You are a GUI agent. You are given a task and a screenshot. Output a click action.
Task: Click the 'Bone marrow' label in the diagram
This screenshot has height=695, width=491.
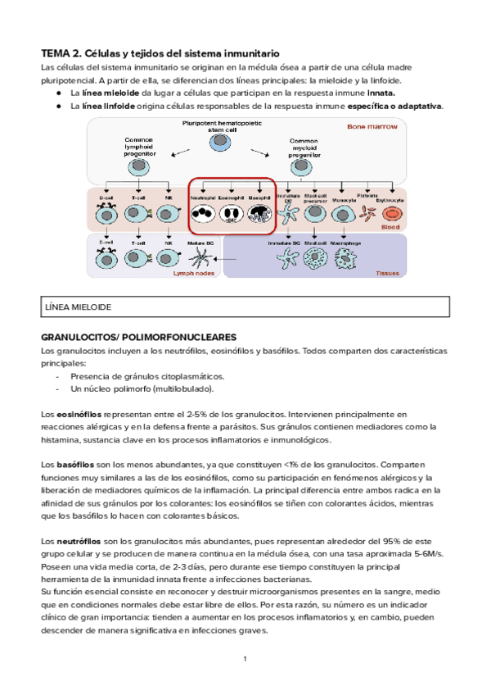coord(372,127)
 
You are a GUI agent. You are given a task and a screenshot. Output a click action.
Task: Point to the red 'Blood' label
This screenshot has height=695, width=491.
coord(390,226)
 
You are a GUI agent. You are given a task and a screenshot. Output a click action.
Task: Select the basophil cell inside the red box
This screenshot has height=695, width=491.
coord(259,215)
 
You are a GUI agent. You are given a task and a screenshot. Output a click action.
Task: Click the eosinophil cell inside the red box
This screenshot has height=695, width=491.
coord(231,215)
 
